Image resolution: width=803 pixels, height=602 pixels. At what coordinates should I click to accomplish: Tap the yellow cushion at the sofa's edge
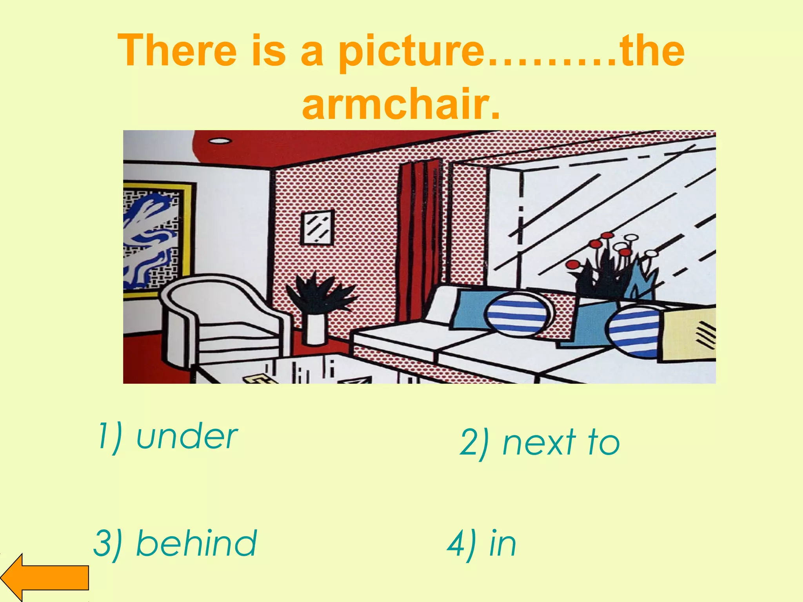tap(690, 333)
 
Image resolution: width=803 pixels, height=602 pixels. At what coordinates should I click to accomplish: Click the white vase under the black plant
tap(316, 329)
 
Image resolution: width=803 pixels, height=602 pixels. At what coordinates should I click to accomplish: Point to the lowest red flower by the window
tap(573, 265)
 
